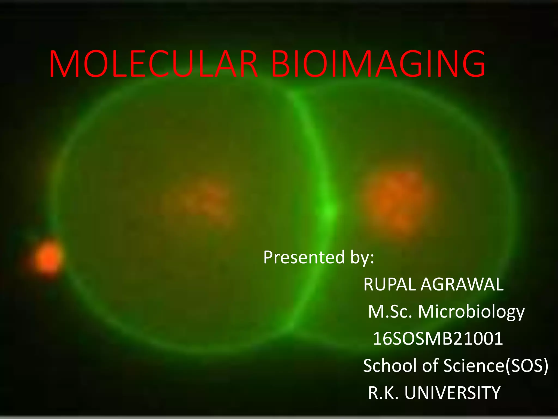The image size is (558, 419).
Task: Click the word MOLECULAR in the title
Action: (x=153, y=64)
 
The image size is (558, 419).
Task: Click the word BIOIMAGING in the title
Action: (x=378, y=64)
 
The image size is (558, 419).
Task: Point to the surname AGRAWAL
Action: (x=462, y=285)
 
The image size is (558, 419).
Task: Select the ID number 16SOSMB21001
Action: (x=438, y=339)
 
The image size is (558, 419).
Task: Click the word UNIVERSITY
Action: (x=453, y=393)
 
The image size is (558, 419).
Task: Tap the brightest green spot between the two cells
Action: (x=329, y=211)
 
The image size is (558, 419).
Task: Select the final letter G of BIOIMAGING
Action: (x=474, y=64)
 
